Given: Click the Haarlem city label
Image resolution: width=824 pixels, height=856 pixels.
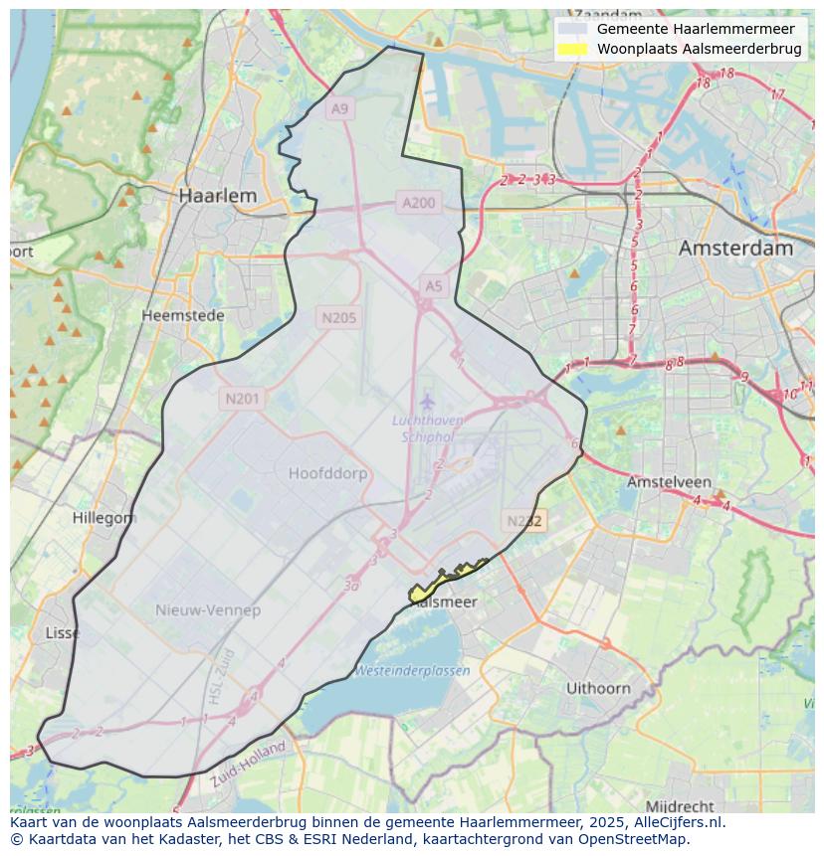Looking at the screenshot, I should coord(217,196).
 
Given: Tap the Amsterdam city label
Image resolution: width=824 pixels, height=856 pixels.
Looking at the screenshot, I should coord(735,248).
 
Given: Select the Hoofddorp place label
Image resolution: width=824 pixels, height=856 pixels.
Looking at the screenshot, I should coord(327,473).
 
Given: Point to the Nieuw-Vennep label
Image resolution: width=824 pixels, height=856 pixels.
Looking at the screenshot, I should coord(208,609).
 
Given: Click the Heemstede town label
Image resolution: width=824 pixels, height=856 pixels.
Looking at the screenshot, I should coord(183,315).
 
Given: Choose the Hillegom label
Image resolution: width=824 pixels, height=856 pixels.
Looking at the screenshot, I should coord(104,518).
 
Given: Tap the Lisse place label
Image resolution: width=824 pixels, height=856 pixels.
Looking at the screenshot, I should coord(63,633).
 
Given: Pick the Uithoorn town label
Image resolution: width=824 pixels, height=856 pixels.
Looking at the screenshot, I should coord(598,688).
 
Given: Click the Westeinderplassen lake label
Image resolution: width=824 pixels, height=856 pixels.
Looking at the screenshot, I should coord(413,670).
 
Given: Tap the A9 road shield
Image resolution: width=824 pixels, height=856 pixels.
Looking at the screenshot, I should coord(340,108).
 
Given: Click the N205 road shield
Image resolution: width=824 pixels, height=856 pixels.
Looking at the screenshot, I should coord(338,318).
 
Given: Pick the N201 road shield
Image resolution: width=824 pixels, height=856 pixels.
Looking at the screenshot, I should coord(242,399).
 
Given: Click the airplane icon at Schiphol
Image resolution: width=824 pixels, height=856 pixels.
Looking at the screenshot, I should coord(428,402).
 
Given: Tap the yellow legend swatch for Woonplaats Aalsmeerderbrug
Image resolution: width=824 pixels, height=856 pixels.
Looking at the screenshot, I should coord(572,49).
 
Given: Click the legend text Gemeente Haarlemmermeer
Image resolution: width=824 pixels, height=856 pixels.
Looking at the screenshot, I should coord(696,29).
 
